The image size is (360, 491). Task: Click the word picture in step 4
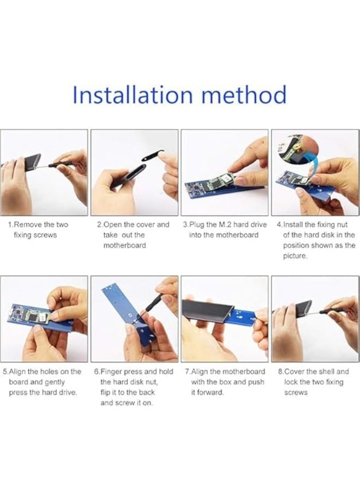tap(295, 256)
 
